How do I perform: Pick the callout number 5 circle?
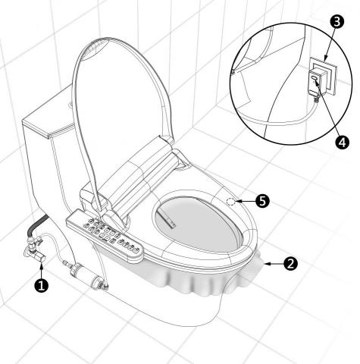[261, 200]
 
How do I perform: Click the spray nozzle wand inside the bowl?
[167, 221]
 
